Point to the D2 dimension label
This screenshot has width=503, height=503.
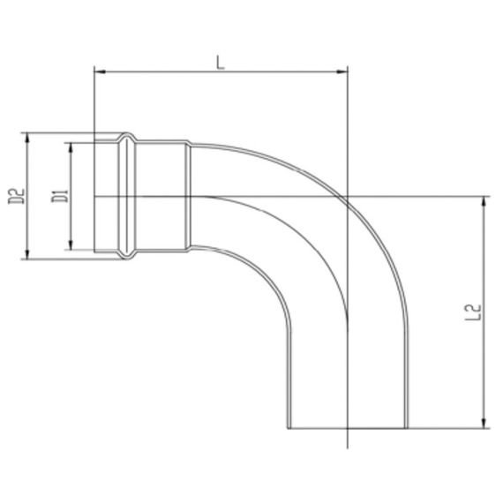coord(15,196)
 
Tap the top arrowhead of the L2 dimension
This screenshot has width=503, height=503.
coord(484,200)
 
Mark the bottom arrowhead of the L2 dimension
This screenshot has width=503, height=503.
coord(484,425)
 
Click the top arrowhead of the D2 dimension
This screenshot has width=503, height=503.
coord(30,137)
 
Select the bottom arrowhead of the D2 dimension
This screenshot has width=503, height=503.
coord(30,256)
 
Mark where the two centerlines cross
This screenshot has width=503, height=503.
coord(349,196)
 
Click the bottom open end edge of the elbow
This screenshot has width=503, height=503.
coord(349,429)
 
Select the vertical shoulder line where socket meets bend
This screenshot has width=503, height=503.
coord(187,196)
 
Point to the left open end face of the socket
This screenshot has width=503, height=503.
coord(94,196)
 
